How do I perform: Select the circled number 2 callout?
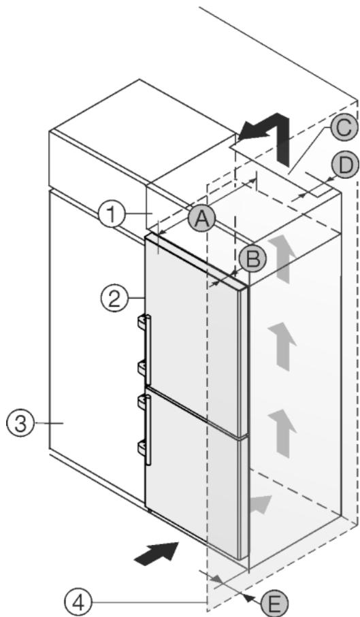point(114,297)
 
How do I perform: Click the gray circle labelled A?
point(201,219)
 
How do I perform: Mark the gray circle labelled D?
point(344,165)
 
